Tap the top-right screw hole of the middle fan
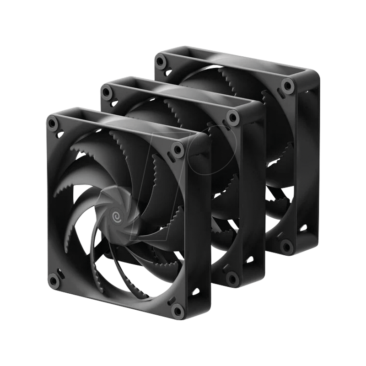[233, 117]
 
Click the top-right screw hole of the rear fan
[287, 85]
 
